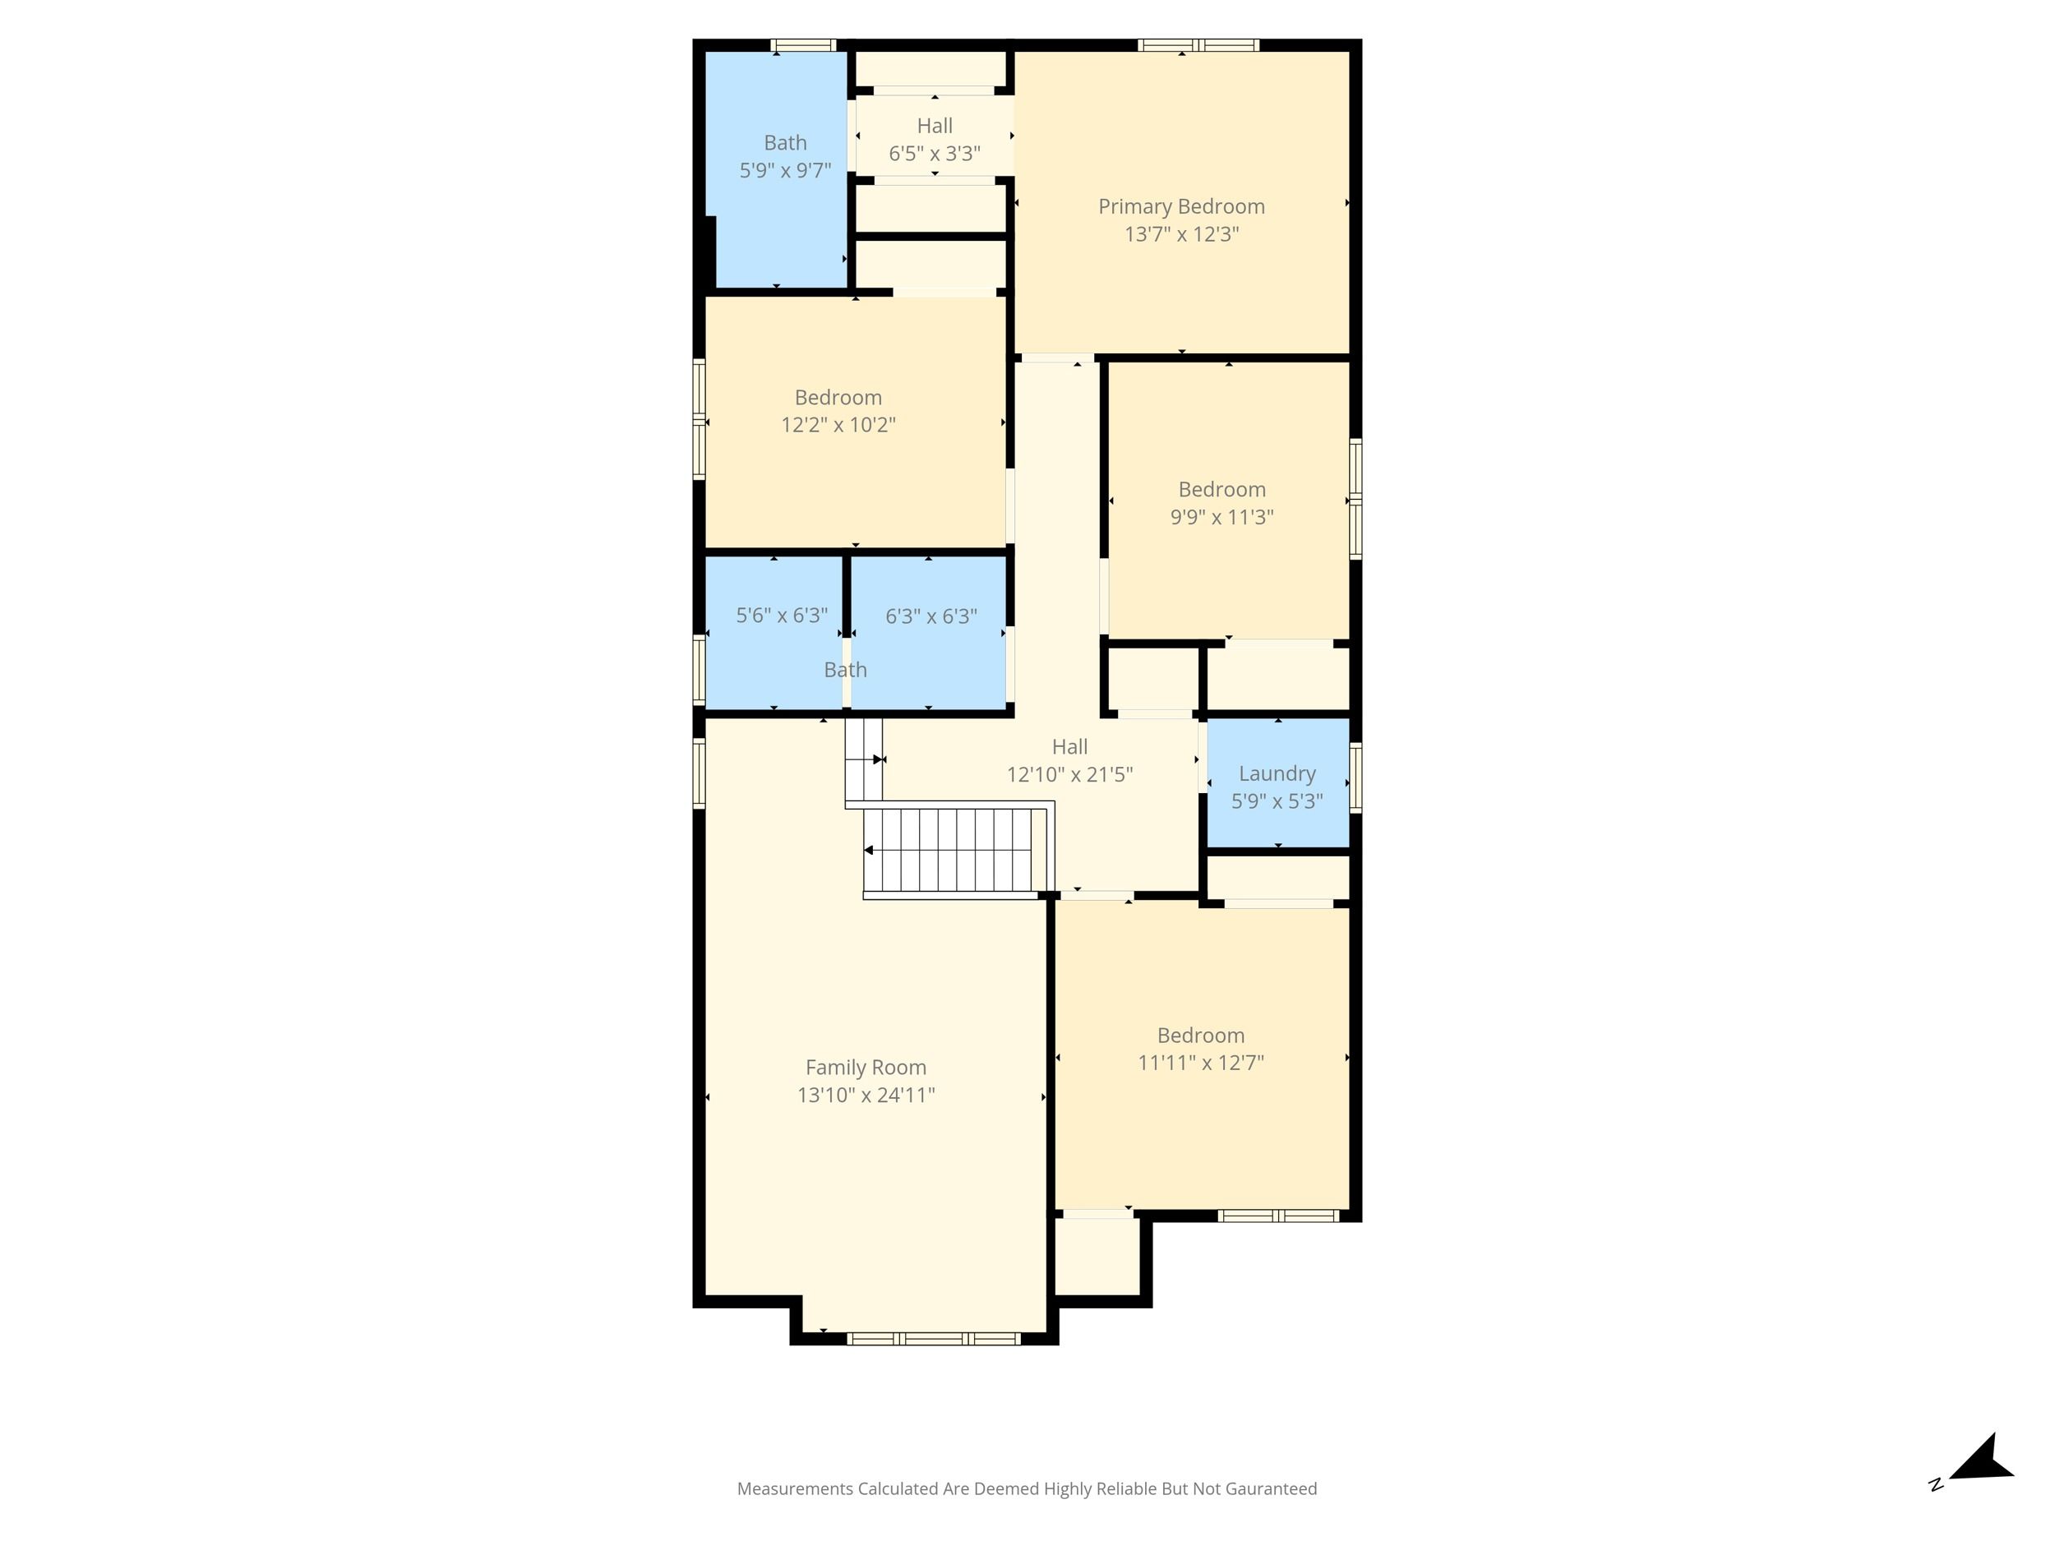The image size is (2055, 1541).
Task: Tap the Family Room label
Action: pos(866,1068)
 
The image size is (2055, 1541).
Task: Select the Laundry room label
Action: pos(1277,773)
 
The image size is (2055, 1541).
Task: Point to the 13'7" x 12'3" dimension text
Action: pos(1182,234)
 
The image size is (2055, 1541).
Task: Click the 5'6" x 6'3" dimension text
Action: pos(783,615)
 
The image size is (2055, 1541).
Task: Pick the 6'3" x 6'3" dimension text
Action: pos(931,616)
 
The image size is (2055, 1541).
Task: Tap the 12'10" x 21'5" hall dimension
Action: pos(1070,775)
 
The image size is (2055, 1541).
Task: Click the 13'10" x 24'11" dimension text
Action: pos(866,1096)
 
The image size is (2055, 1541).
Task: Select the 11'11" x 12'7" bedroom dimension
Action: pos(1201,1063)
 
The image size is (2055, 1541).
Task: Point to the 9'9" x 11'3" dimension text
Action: pos(1221,518)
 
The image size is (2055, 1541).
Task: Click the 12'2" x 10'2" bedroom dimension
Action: pos(838,426)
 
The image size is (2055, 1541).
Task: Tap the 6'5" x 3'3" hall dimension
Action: pos(935,153)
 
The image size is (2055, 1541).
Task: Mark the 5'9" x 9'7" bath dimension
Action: pos(785,171)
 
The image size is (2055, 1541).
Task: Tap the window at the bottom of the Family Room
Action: pos(934,1339)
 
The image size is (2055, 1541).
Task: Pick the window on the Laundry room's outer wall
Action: pos(1355,778)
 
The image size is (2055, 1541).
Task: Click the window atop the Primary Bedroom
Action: pos(1198,44)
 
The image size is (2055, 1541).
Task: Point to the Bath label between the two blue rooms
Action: pos(845,670)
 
